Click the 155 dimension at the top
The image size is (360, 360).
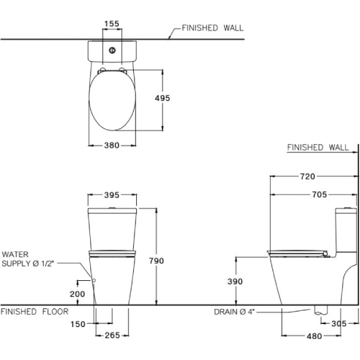(x=112, y=24)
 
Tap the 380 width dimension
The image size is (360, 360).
(x=112, y=145)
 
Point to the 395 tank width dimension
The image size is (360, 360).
(x=112, y=195)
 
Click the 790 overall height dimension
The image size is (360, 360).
(x=156, y=261)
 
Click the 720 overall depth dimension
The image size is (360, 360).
(x=307, y=176)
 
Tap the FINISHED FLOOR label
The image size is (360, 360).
(x=34, y=311)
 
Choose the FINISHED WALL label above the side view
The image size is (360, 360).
(x=317, y=147)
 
